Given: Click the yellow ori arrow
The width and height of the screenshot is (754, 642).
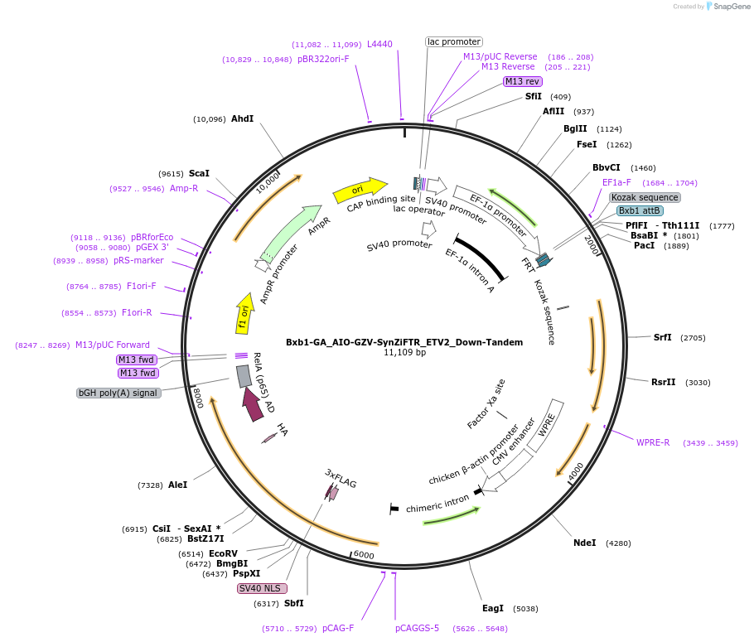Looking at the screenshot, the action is (x=360, y=190).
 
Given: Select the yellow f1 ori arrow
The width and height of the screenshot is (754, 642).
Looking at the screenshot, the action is (x=244, y=314).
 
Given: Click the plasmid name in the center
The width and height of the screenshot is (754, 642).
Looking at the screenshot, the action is (x=404, y=342).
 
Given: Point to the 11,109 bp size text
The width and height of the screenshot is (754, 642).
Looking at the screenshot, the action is (x=404, y=353).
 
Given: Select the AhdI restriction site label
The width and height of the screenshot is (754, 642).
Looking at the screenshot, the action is (x=242, y=118).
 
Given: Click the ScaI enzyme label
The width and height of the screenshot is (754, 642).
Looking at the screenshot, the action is (x=199, y=173).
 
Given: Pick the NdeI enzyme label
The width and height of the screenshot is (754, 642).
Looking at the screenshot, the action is (x=585, y=543).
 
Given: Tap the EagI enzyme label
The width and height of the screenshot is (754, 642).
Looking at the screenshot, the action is (x=493, y=608).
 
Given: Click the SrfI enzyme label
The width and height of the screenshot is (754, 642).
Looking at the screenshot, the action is (x=662, y=338).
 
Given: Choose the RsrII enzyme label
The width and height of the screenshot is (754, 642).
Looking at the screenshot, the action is (x=663, y=383).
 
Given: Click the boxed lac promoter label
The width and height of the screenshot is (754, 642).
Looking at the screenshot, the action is (x=454, y=42).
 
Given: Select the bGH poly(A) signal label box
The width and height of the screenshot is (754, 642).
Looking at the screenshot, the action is (x=118, y=393).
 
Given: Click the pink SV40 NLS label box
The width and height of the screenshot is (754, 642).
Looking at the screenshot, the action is (x=262, y=588).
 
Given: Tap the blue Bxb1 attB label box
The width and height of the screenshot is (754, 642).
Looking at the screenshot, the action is (x=640, y=210).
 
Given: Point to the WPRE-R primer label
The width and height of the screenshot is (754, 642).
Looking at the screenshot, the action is (x=653, y=442).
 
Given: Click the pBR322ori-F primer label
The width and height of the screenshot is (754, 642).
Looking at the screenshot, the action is (x=323, y=59).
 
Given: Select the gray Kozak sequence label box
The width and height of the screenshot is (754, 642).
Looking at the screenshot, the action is (x=645, y=197).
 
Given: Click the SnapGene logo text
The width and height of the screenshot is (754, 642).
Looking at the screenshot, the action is (x=732, y=7).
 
